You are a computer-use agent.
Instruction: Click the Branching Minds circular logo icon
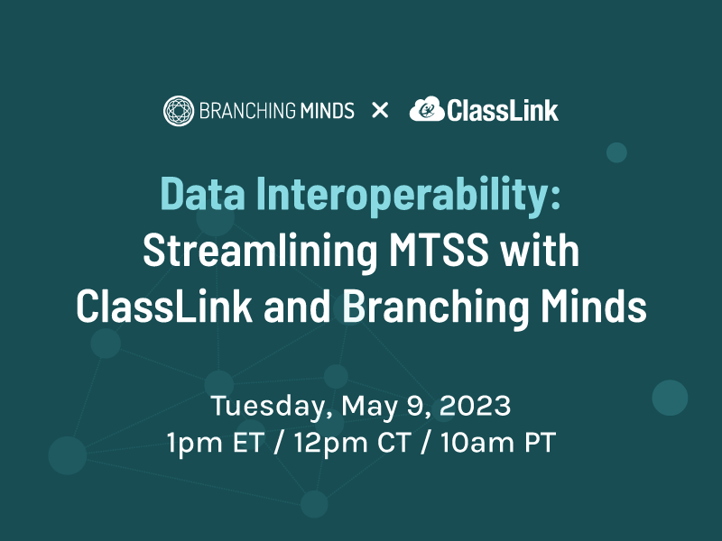178,111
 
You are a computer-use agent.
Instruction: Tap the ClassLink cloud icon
426,110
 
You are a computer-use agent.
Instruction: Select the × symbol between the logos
380,111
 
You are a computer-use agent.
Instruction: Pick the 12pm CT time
346,443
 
